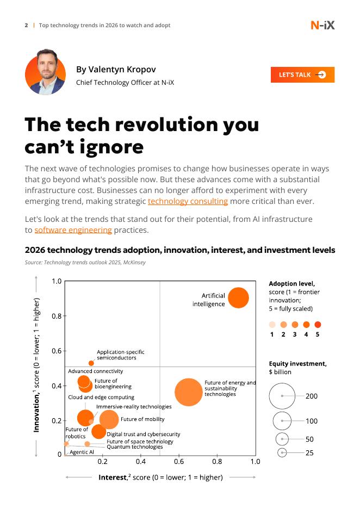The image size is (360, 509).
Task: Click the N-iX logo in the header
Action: pyautogui.click(x=322, y=25)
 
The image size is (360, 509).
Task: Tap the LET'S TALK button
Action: pyautogui.click(x=302, y=75)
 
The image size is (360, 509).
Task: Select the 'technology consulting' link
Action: pyautogui.click(x=188, y=201)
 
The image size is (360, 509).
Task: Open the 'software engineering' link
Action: pyautogui.click(x=73, y=230)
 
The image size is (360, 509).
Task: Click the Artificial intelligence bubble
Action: pyautogui.click(x=238, y=297)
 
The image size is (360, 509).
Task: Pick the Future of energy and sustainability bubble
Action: pyautogui.click(x=189, y=392)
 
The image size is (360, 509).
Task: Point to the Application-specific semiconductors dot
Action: pyautogui.click(x=91, y=363)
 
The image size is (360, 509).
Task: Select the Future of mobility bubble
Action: pyautogui.click(x=109, y=419)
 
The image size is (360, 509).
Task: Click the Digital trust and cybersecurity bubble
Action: pyautogui.click(x=98, y=432)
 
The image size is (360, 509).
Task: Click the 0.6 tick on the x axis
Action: pyautogui.click(x=179, y=461)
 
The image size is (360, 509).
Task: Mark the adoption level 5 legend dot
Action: pyautogui.click(x=318, y=325)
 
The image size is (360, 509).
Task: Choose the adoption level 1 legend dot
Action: pyautogui.click(x=272, y=325)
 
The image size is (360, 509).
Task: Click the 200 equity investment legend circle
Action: pyautogui.click(x=282, y=396)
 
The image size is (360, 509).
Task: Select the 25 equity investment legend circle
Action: pyautogui.click(x=282, y=452)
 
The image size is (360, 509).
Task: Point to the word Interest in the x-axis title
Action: pyautogui.click(x=113, y=477)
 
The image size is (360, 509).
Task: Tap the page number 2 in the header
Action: pyautogui.click(x=26, y=26)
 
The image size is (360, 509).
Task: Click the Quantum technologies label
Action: pyautogui.click(x=134, y=447)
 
